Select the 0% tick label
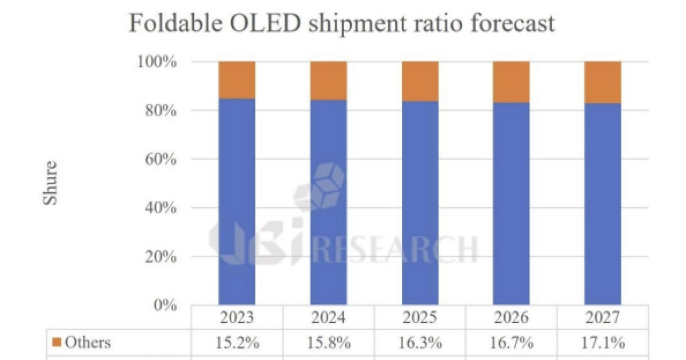[166, 305]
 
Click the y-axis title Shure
[50, 183]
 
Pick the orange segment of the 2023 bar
[237, 80]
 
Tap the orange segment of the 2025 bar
[420, 81]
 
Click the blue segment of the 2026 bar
[511, 203]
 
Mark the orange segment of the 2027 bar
[603, 82]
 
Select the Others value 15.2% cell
[237, 343]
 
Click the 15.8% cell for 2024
[328, 343]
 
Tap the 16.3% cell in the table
[420, 343]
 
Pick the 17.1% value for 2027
[603, 343]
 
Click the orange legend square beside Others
[56, 343]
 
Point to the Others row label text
[87, 343]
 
